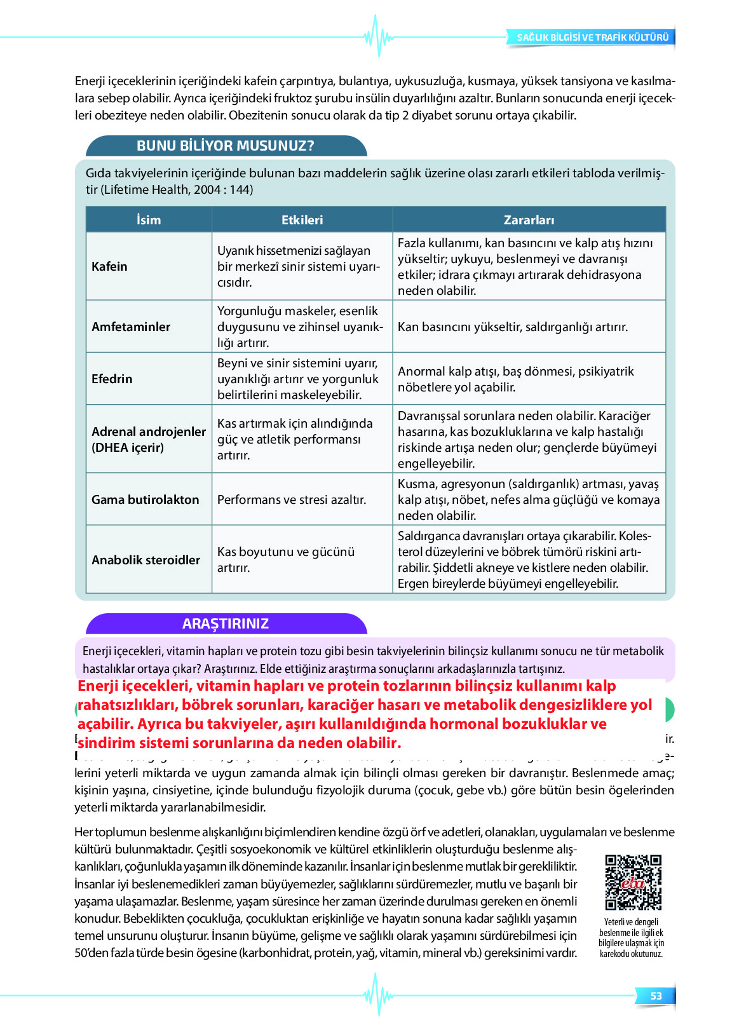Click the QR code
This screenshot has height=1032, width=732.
[633, 882]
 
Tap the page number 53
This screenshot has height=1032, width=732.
[656, 996]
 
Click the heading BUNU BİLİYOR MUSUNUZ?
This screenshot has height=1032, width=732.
[226, 146]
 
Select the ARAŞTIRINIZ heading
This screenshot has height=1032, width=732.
[226, 623]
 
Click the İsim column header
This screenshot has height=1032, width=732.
[149, 220]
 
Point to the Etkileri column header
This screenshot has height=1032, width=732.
[302, 220]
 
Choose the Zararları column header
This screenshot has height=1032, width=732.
[529, 220]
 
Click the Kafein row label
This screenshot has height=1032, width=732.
[109, 266]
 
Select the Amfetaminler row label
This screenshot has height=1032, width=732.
[131, 327]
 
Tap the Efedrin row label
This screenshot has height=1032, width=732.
[112, 379]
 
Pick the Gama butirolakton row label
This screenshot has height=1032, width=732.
[145, 499]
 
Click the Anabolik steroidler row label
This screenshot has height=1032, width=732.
[146, 560]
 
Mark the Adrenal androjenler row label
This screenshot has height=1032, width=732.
[148, 439]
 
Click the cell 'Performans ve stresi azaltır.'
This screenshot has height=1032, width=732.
[292, 499]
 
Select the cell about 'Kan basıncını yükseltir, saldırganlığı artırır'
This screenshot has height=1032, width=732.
[512, 327]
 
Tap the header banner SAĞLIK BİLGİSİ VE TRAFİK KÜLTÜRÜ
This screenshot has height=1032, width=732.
[592, 37]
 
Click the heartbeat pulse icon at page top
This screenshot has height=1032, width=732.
[378, 36]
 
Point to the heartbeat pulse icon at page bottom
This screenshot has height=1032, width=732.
[378, 995]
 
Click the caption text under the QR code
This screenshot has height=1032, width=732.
[631, 937]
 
